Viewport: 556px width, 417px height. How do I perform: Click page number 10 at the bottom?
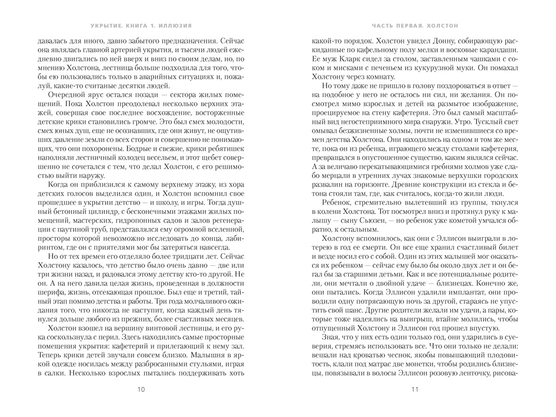click(141, 389)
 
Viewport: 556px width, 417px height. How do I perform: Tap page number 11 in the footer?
click(415, 389)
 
